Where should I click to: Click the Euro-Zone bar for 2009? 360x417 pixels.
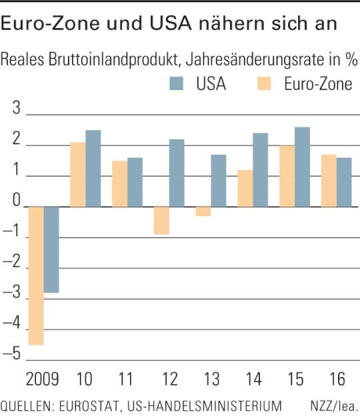pyautogui.click(x=36, y=276)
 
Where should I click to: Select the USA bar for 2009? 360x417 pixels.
pyautogui.click(x=51, y=250)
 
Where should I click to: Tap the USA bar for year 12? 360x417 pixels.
pyautogui.click(x=177, y=173)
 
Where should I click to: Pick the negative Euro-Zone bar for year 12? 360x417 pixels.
pyautogui.click(x=161, y=221)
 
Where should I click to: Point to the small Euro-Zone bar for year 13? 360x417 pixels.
pyautogui.click(x=203, y=212)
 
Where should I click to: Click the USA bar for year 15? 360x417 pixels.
pyautogui.click(x=303, y=167)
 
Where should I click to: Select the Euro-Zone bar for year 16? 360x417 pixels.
pyautogui.click(x=329, y=181)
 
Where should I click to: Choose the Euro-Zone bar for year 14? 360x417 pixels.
pyautogui.click(x=245, y=188)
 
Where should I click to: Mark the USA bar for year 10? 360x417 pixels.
pyautogui.click(x=93, y=168)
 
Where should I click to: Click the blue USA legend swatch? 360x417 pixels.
pyautogui.click(x=177, y=83)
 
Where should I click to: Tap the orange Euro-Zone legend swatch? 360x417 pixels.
pyautogui.click(x=264, y=83)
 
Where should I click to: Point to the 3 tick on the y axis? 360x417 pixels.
pyautogui.click(x=17, y=108)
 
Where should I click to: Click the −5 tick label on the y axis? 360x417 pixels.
pyautogui.click(x=11, y=354)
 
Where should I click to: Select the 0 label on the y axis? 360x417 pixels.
pyautogui.click(x=17, y=200)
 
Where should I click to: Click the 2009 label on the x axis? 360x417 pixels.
pyautogui.click(x=43, y=379)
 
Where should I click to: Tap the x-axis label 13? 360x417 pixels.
pyautogui.click(x=212, y=379)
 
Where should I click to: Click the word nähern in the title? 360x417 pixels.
pyautogui.click(x=231, y=23)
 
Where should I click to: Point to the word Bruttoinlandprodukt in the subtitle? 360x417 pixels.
pyautogui.click(x=113, y=59)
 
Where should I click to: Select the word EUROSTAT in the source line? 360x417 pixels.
pyautogui.click(x=89, y=406)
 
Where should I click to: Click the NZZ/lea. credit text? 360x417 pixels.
pyautogui.click(x=334, y=406)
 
